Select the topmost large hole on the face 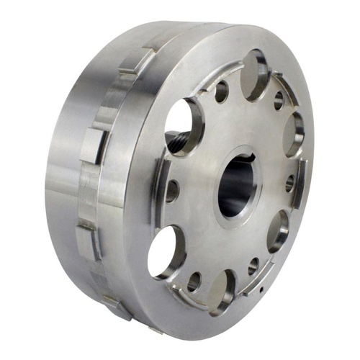click(x=254, y=73)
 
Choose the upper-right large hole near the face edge click(x=293, y=133)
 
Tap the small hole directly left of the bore click(x=172, y=191)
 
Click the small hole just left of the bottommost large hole click(x=194, y=282)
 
